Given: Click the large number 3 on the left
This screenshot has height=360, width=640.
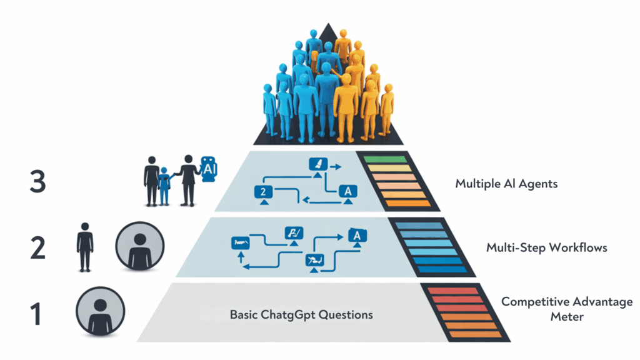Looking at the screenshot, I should pyautogui.click(x=37, y=182).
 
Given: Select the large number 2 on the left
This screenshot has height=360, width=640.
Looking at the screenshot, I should pyautogui.click(x=37, y=247).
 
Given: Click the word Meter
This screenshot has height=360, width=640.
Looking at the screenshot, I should pyautogui.click(x=567, y=317).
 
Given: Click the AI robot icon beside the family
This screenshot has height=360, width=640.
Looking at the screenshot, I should pyautogui.click(x=207, y=169).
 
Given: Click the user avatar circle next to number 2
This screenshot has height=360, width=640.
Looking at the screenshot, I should pyautogui.click(x=140, y=246).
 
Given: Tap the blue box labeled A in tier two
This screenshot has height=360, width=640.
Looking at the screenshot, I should pyautogui.click(x=354, y=236).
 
